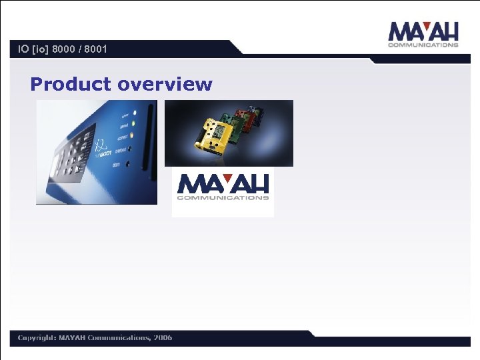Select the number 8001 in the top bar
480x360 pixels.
click(94, 49)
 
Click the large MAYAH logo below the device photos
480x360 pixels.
click(223, 187)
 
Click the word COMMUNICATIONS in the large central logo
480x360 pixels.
click(223, 197)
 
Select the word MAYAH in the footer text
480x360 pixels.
click(73, 337)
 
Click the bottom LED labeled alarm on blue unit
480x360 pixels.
click(128, 163)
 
